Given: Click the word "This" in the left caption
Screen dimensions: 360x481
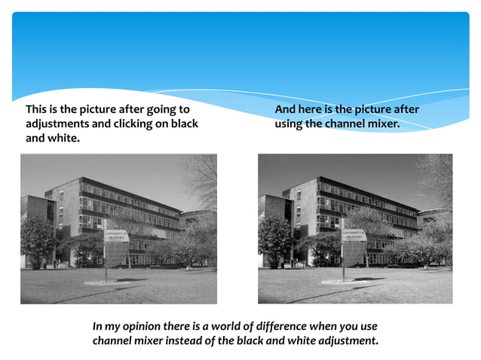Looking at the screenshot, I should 38,110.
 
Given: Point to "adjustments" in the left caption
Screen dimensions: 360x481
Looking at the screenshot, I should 57,124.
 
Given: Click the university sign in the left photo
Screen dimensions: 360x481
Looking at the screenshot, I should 116,236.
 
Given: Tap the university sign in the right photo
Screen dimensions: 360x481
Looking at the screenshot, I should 353,236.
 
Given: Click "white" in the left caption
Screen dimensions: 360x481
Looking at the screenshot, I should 63,139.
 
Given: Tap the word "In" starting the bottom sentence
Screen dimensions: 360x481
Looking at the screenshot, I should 97,327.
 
